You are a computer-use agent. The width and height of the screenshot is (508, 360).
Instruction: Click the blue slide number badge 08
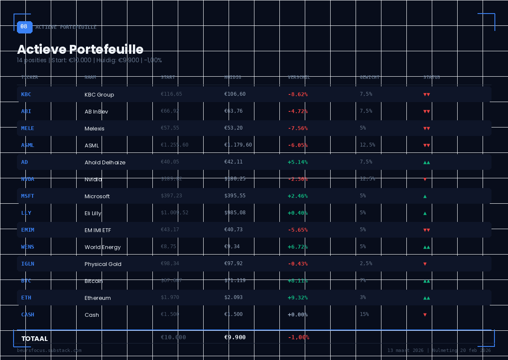[x=25, y=27]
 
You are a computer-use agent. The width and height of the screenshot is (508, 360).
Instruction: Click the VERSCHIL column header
[x=299, y=78]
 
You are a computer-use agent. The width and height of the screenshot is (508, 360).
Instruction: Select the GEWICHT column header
[x=370, y=78]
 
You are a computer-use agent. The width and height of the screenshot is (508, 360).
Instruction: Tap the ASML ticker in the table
[x=28, y=145]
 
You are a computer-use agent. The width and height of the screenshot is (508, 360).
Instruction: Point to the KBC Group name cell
[x=99, y=95]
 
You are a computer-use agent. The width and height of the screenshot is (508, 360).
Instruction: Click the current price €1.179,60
[x=238, y=145]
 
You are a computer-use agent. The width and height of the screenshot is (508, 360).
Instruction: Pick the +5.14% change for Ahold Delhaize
[x=298, y=162]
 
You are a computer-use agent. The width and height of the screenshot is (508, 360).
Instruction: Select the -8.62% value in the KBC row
[x=298, y=94]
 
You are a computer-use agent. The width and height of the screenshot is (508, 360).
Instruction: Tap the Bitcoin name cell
[x=94, y=281]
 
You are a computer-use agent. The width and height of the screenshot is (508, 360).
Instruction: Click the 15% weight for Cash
[x=364, y=314]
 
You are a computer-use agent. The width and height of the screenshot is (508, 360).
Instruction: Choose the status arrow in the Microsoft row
[x=425, y=196]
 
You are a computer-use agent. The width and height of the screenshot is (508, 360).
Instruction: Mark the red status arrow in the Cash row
[x=425, y=315]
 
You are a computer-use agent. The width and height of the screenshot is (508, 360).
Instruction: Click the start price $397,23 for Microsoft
[x=171, y=196]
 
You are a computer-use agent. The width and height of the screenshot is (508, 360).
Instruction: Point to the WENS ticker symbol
[x=28, y=247]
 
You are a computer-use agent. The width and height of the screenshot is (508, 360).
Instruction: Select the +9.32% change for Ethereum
[x=298, y=298]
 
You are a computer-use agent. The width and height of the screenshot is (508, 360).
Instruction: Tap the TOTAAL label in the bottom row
[x=34, y=339]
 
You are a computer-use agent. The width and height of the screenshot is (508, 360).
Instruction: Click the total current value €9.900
[x=235, y=338]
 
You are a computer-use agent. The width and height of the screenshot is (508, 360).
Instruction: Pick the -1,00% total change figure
[x=298, y=338]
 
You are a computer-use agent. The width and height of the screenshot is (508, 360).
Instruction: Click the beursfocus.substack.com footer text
[x=49, y=351]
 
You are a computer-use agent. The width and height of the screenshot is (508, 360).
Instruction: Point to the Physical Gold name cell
[x=103, y=264]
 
